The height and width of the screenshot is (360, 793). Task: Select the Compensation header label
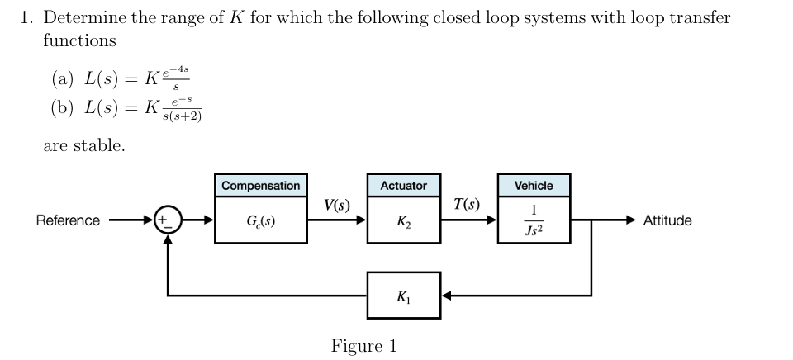click(261, 186)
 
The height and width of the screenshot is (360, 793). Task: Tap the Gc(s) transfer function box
click(261, 221)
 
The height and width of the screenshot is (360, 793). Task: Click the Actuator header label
click(403, 186)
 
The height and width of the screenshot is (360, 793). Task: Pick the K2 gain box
click(403, 221)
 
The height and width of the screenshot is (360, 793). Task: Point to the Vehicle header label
click(534, 186)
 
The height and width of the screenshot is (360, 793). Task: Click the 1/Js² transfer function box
click(534, 221)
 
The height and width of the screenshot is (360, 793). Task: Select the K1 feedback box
click(403, 295)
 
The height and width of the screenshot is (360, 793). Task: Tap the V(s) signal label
click(337, 205)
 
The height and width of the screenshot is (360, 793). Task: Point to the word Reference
click(69, 220)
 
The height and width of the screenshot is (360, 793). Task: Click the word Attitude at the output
click(667, 220)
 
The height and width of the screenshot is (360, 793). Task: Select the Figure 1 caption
click(363, 345)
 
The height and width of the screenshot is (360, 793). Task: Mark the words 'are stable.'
click(84, 146)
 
